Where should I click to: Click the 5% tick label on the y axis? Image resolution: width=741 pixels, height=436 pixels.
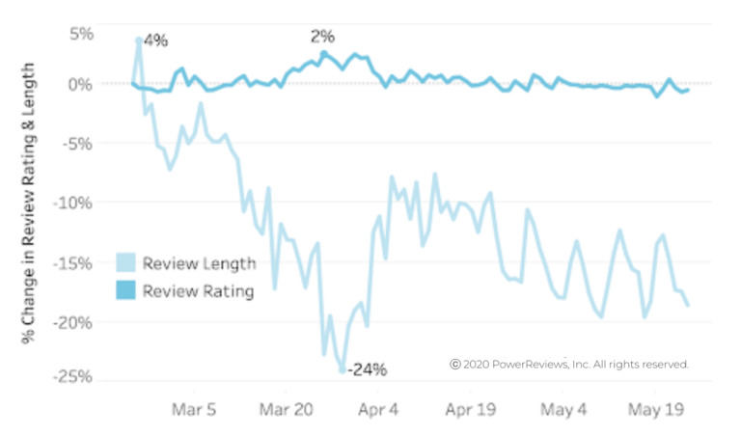[81, 33]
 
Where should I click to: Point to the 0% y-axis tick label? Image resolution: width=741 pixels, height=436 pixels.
[80, 84]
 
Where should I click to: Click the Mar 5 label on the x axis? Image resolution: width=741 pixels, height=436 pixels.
[194, 408]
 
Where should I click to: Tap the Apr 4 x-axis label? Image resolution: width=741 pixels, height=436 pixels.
[379, 408]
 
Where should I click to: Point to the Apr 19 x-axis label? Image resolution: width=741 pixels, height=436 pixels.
[470, 408]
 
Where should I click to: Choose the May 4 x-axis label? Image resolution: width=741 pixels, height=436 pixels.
[564, 408]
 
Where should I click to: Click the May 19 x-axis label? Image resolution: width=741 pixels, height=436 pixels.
[655, 408]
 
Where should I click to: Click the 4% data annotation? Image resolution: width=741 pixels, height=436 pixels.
[155, 41]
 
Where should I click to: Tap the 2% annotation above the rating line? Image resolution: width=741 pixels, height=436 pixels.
[322, 37]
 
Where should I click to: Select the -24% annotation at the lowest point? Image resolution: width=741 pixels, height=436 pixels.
[368, 368]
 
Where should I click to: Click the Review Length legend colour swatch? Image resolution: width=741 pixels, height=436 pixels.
[126, 262]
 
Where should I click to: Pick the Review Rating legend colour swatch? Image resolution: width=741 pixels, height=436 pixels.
[126, 290]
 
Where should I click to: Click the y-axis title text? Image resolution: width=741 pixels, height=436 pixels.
[30, 203]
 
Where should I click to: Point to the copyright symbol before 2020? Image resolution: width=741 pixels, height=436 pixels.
[455, 365]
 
